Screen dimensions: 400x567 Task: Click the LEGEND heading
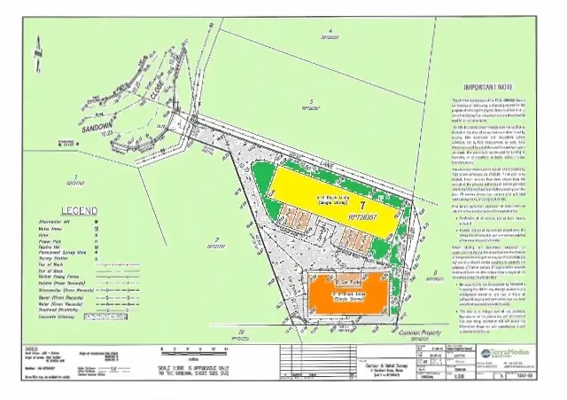coord(55,210)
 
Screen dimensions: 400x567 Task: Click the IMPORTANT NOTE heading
coord(500,88)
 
